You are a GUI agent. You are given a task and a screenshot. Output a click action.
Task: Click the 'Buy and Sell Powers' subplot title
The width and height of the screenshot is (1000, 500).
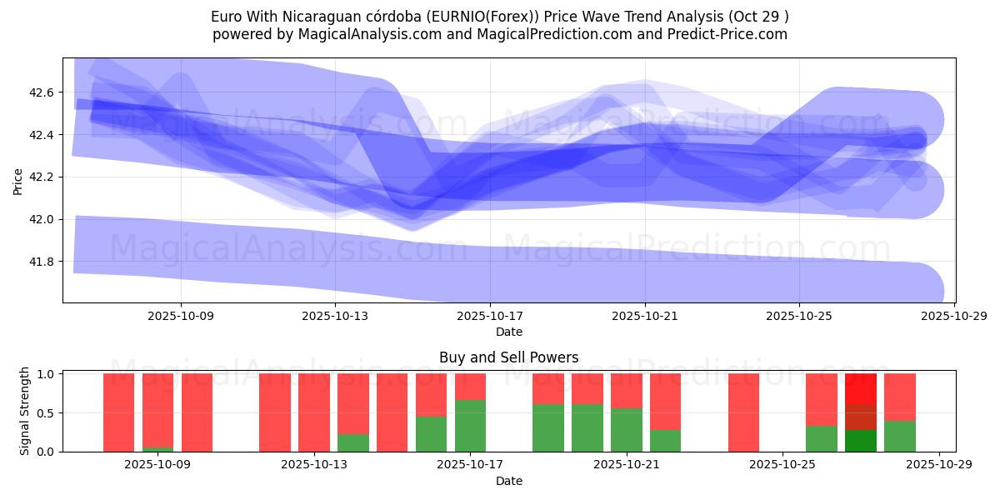(508, 357)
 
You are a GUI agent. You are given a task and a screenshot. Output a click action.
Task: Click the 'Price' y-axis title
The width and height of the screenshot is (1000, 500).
(18, 181)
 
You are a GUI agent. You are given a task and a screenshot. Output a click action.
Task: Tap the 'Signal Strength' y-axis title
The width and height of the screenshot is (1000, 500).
(25, 411)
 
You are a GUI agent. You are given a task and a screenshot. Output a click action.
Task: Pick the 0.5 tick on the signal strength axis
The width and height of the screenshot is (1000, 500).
(47, 412)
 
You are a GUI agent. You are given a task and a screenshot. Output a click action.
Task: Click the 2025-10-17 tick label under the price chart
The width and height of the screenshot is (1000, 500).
(489, 317)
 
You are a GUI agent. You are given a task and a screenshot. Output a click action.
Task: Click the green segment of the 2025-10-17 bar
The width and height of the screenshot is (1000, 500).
(470, 426)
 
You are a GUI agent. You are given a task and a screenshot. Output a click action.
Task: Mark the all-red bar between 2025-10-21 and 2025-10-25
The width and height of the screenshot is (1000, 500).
(743, 412)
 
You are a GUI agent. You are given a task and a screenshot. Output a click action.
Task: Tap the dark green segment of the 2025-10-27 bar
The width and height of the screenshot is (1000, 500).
(860, 441)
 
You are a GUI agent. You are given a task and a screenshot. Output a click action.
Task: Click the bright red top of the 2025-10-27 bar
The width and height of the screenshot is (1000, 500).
(860, 388)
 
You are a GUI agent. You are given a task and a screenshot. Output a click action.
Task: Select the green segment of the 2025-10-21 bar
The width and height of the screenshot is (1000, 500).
(626, 430)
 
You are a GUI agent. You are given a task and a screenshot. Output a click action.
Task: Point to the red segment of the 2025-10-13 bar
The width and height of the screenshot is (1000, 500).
(314, 412)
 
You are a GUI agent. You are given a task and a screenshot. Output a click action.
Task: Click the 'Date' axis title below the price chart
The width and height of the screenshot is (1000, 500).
(508, 332)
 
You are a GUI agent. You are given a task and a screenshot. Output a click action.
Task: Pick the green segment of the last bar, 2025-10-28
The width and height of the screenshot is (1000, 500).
(899, 436)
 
